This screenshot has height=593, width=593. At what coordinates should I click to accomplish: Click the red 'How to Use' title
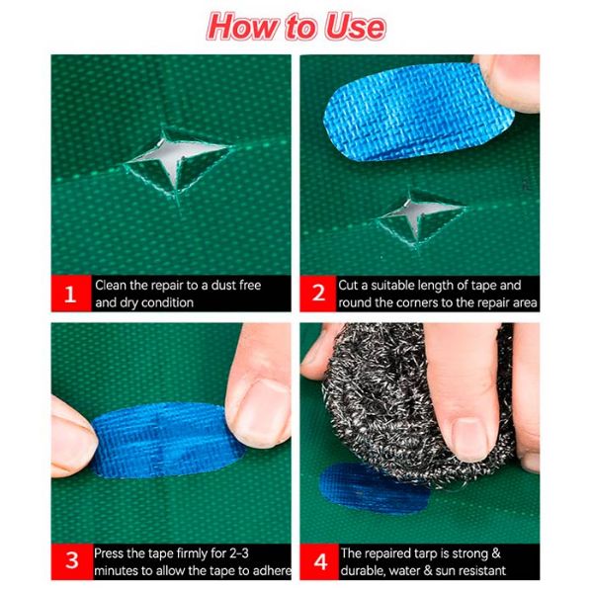296,27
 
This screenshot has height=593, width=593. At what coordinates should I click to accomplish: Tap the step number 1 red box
71,294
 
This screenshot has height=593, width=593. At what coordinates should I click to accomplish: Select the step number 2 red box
318,294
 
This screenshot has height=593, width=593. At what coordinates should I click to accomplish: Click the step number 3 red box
72,561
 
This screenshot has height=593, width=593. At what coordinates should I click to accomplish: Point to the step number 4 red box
319,561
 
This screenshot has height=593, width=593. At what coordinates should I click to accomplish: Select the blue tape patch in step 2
416,114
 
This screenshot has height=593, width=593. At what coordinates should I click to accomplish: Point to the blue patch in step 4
373,488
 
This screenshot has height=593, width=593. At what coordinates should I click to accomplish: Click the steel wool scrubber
408,401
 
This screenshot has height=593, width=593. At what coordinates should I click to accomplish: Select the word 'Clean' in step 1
111,286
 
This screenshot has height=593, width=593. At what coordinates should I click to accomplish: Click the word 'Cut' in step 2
348,286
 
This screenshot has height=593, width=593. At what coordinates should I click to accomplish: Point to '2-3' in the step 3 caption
239,553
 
